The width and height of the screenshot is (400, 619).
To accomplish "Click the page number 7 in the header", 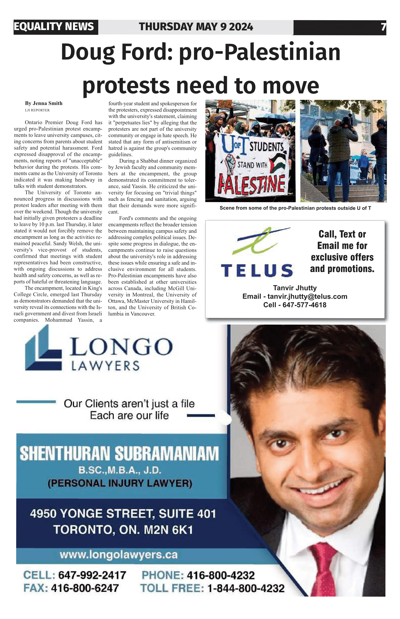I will (x=383, y=27).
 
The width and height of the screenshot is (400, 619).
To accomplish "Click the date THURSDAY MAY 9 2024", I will (x=196, y=27).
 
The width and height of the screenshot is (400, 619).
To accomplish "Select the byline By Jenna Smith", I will (x=44, y=103).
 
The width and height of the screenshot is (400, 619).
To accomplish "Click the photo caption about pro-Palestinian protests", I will (x=295, y=208).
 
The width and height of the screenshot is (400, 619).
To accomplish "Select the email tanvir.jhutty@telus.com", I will (x=307, y=297).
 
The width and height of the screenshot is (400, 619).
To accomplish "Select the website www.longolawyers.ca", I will (x=119, y=555).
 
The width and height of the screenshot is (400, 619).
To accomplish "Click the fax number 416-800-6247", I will (x=85, y=588).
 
